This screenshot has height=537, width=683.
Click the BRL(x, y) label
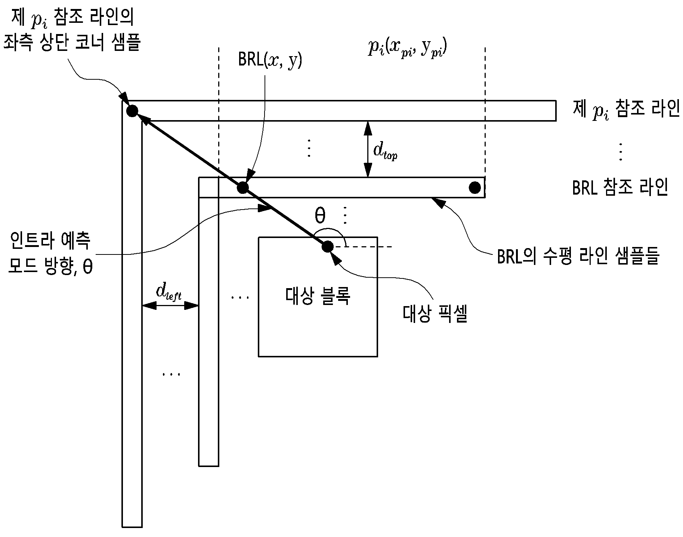(x=270, y=61)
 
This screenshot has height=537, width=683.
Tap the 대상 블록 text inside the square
(x=318, y=296)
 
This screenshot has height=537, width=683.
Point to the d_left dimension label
(x=169, y=292)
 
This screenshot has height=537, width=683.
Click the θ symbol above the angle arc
(x=320, y=216)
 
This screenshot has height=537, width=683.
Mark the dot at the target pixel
(x=327, y=247)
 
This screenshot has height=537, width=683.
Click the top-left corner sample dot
(x=132, y=111)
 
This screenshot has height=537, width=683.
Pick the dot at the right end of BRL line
(x=475, y=187)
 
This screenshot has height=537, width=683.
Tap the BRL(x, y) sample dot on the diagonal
(x=242, y=187)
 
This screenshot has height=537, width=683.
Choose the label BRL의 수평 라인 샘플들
(x=578, y=256)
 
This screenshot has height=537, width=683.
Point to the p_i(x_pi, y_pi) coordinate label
(x=408, y=48)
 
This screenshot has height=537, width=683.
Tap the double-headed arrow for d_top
(x=368, y=149)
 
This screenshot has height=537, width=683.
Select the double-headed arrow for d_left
(x=170, y=306)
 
